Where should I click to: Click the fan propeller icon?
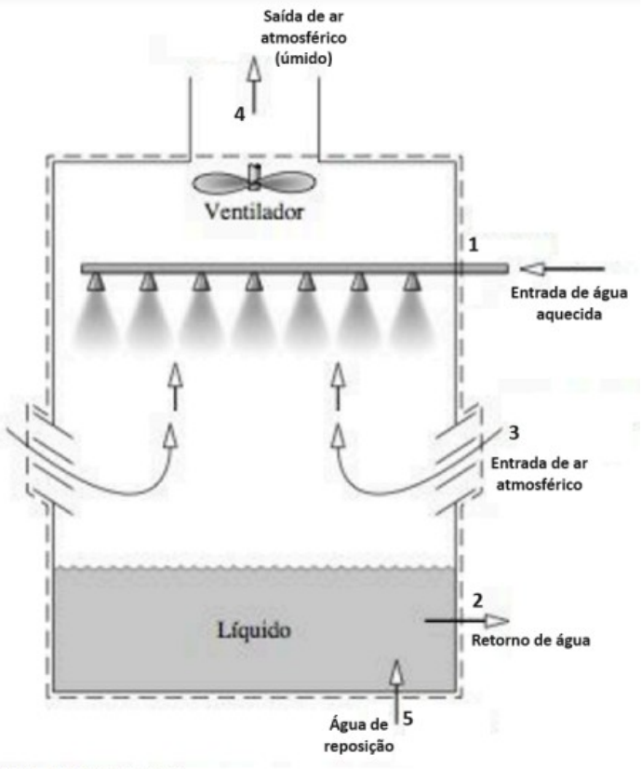tap(254, 181)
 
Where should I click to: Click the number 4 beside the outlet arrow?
tap(240, 114)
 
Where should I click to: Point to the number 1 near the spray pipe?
tap(473, 245)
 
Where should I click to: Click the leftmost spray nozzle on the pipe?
tap(95, 281)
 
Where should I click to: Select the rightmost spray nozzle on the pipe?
tap(411, 281)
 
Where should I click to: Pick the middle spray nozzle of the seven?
tap(253, 281)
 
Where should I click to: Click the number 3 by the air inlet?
tap(514, 434)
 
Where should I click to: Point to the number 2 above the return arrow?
tap(477, 600)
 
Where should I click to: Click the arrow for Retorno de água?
tap(466, 620)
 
